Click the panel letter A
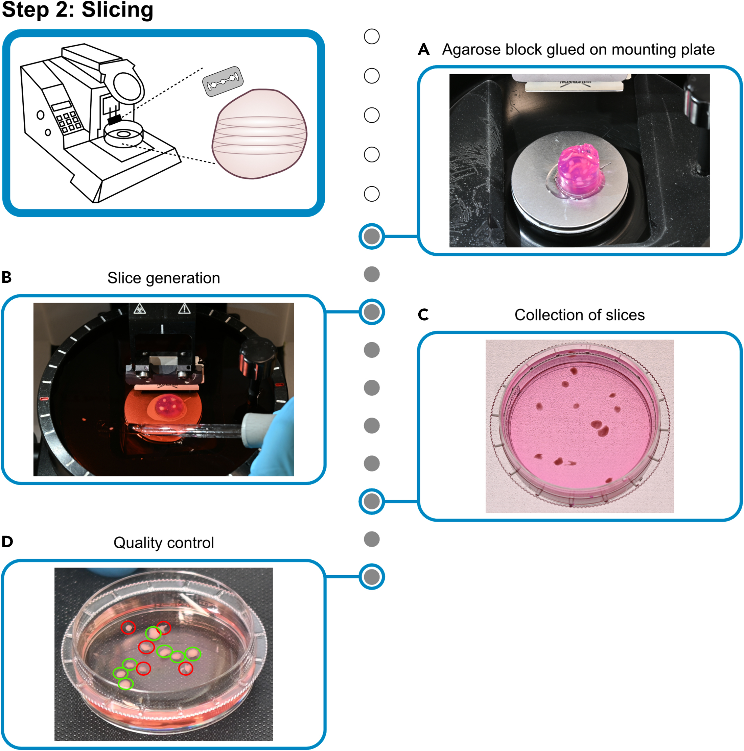[x=424, y=50]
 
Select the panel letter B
[x=7, y=278]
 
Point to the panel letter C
[x=423, y=315]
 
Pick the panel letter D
[x=7, y=542]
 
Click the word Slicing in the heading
[x=117, y=10]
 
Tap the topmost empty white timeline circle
[x=372, y=36]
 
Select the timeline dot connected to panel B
[x=372, y=312]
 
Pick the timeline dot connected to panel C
[x=372, y=501]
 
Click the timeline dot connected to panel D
[x=372, y=577]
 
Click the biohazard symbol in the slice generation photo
[x=139, y=309]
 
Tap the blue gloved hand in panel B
[x=274, y=439]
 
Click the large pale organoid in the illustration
[x=259, y=134]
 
